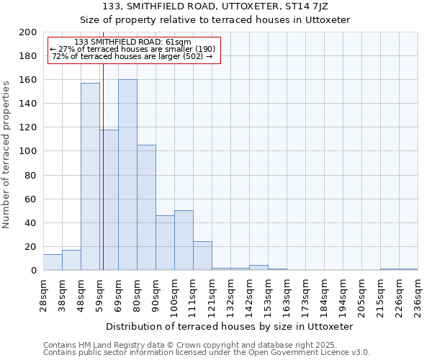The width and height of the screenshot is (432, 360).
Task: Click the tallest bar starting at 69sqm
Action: coord(127,175)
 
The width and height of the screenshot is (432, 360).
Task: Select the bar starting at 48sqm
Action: coord(90,176)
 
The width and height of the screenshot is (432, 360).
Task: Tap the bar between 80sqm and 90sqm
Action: coord(146,207)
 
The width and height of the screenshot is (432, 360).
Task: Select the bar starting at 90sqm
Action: coord(165,243)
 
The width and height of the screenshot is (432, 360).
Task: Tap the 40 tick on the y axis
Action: coord(32,222)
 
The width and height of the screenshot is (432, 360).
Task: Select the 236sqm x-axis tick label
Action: coord(418,294)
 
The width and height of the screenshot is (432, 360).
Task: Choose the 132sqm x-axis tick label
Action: coord(231,294)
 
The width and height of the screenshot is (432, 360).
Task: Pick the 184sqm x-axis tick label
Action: coord(325,294)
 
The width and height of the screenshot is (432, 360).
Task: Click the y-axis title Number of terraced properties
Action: coord(6,155)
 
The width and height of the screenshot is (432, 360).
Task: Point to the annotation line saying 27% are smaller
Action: coord(132,49)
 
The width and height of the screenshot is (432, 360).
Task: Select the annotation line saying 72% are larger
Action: coord(132,56)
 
